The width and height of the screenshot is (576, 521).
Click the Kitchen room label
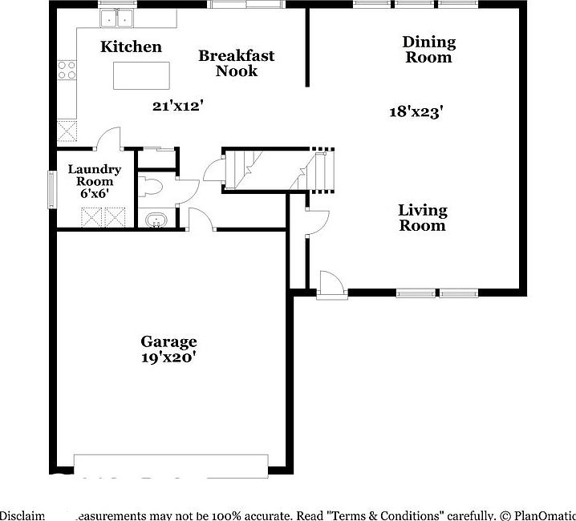131,46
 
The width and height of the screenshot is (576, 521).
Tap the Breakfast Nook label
237,63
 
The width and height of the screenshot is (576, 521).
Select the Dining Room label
428,49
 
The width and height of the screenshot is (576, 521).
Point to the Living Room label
423,217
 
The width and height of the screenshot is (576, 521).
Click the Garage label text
168,341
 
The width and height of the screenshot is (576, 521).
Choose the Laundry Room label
95,176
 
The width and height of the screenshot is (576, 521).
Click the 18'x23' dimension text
416,112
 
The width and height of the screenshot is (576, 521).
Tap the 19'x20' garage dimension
168,357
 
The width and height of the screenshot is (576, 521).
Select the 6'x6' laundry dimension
95,194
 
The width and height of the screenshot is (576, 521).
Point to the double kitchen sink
117,18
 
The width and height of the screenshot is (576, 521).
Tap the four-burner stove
67,70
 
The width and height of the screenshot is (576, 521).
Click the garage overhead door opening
171,465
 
